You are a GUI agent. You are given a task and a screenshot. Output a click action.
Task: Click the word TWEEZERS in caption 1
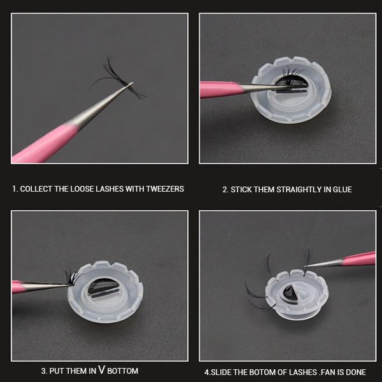(165, 189)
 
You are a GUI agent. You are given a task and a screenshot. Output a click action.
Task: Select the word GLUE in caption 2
(343, 190)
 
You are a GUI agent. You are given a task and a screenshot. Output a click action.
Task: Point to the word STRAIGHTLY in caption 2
(299, 190)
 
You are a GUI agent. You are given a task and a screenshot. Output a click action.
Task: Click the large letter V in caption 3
(102, 369)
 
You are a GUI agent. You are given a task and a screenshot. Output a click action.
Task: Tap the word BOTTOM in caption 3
(123, 371)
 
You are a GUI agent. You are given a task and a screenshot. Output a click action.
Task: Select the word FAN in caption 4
(327, 372)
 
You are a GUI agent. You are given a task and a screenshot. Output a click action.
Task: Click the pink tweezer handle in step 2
(220, 89)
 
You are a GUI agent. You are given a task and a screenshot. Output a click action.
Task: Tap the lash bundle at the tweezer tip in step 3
(71, 277)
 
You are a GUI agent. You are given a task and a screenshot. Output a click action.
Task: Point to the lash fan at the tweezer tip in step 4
(307, 257)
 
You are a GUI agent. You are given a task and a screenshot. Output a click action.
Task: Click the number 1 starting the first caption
(14, 189)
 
